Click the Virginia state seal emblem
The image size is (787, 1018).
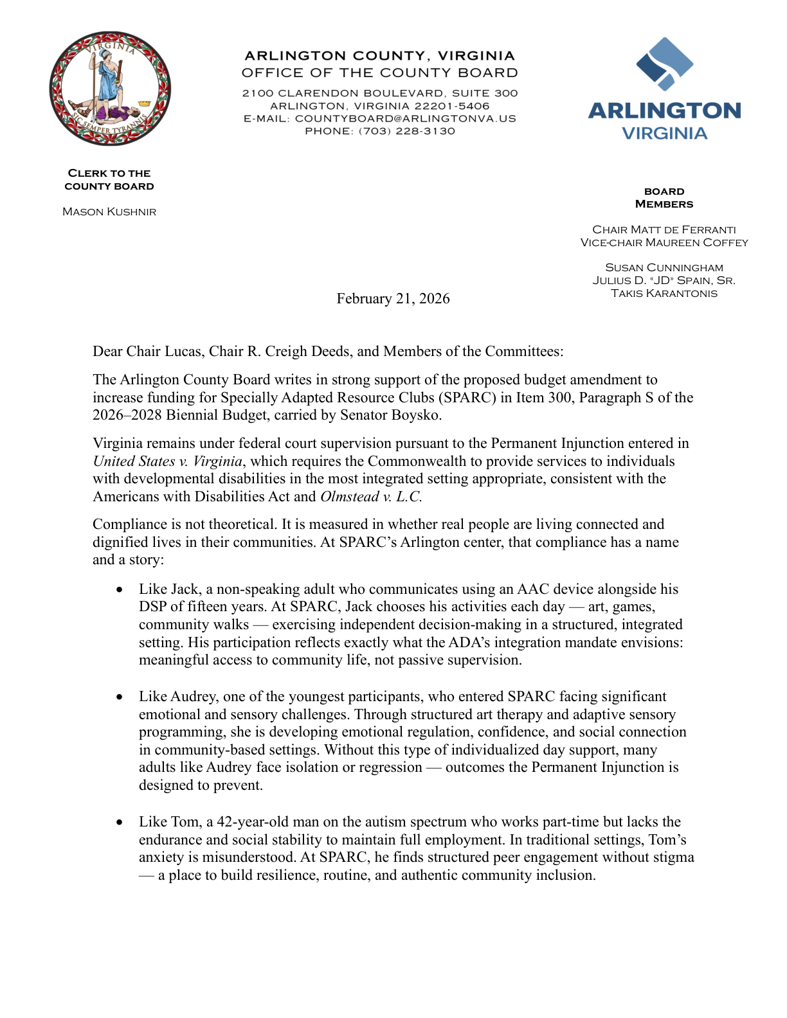(110, 88)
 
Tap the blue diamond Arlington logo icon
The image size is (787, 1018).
(664, 63)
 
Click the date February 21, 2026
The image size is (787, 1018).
(393, 299)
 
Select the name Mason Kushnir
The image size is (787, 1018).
(109, 212)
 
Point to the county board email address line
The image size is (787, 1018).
(379, 119)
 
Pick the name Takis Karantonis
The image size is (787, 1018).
(664, 294)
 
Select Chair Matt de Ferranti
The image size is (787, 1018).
(664, 230)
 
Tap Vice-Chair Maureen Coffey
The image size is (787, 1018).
(664, 243)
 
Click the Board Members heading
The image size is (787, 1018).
(664, 198)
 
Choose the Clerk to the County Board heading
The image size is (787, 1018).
(109, 180)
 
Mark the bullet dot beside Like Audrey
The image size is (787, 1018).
(119, 697)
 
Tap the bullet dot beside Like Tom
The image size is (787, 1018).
(119, 823)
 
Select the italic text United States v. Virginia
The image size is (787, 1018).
(168, 461)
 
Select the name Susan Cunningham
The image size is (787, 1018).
(664, 268)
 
